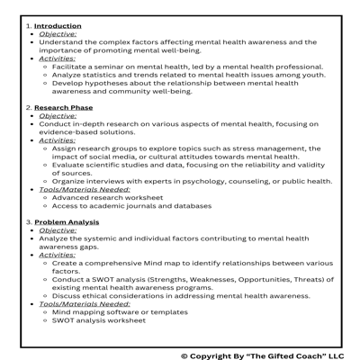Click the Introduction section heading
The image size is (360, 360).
(58, 26)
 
